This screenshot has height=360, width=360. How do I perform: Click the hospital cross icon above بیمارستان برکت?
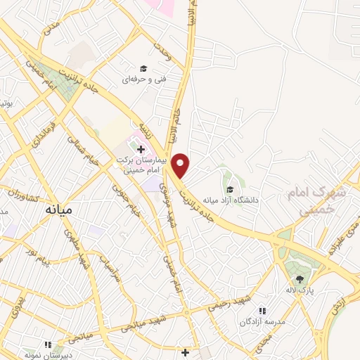[141, 149]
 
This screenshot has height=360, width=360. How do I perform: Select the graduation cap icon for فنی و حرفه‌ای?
[143, 69]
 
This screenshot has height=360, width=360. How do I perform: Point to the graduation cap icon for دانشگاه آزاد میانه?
[230, 188]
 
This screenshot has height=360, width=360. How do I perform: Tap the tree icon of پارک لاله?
[300, 279]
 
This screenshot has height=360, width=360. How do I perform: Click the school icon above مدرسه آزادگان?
[262, 311]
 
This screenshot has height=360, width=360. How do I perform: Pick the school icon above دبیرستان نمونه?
[49, 345]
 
